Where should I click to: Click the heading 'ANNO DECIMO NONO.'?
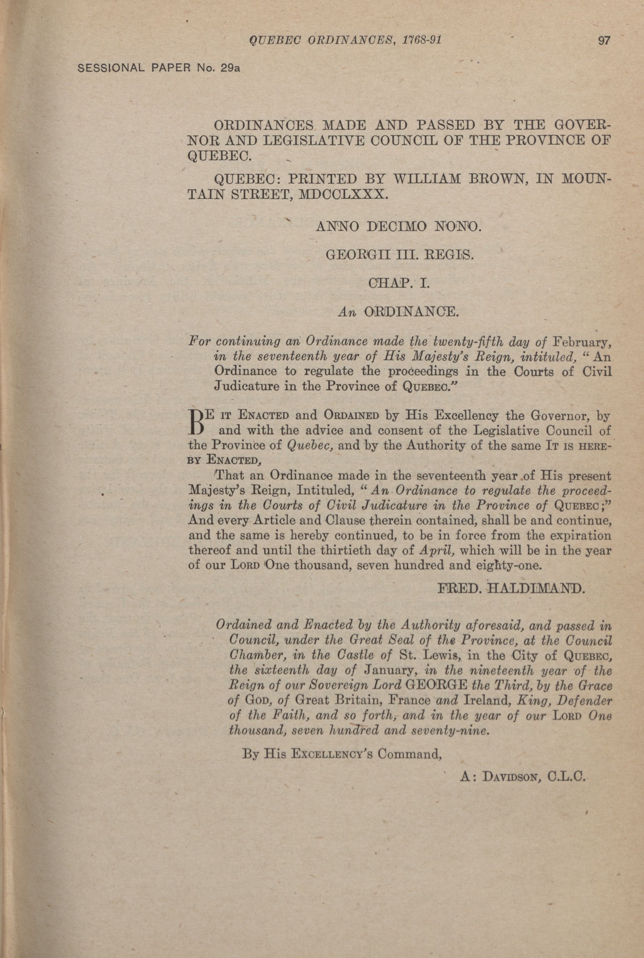point(397,226)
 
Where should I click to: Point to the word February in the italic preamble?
point(582,341)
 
